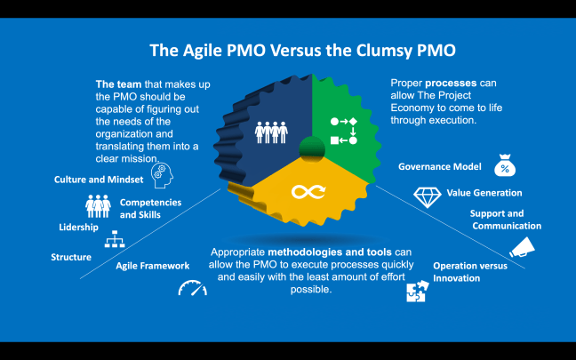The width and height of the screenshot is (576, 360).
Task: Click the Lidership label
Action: pyautogui.click(x=78, y=228)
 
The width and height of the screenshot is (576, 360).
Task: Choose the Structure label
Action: pyautogui.click(x=71, y=257)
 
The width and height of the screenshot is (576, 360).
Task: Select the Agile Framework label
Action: pyautogui.click(x=153, y=265)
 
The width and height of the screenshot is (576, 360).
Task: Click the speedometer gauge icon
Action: pyautogui.click(x=192, y=288)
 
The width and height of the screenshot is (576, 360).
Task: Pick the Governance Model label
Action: pyautogui.click(x=440, y=166)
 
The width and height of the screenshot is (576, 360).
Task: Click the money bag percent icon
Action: pyautogui.click(x=505, y=166)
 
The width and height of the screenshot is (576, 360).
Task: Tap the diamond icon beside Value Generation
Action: pyautogui.click(x=428, y=195)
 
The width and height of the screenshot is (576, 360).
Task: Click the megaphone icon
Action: pyautogui.click(x=522, y=244)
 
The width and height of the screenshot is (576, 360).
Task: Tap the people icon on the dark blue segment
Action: pyautogui.click(x=272, y=131)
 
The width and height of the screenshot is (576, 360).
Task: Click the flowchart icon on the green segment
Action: pyautogui.click(x=343, y=130)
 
